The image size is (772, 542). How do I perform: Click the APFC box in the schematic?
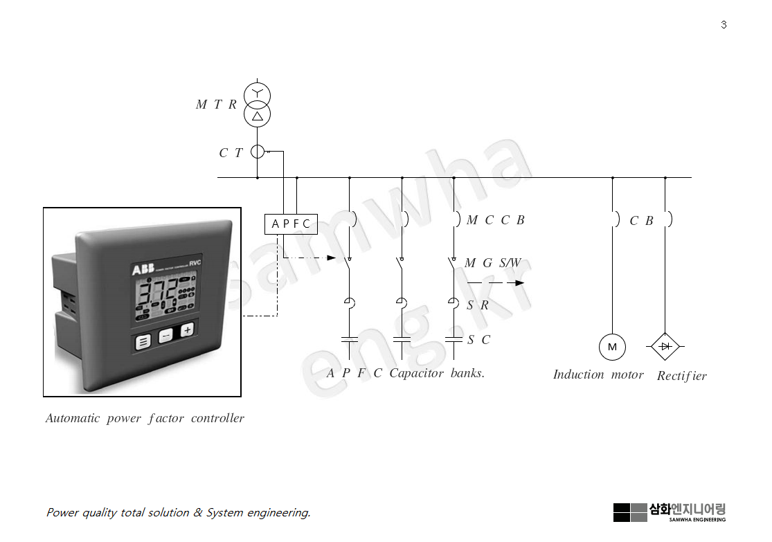(x=291, y=224)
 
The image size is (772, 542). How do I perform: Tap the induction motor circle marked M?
(x=612, y=347)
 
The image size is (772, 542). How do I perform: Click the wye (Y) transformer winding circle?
(x=258, y=94)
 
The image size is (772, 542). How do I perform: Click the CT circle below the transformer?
(x=258, y=152)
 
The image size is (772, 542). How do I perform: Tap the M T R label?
(x=216, y=105)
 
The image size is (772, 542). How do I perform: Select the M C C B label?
(x=496, y=220)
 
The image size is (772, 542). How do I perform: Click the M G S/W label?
(x=492, y=263)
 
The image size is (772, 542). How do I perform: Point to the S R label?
(x=478, y=305)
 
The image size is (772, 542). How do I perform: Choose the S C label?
(x=478, y=340)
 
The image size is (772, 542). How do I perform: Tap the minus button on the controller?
(x=165, y=337)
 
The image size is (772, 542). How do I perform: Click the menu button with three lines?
(x=143, y=341)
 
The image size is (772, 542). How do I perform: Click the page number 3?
(x=724, y=25)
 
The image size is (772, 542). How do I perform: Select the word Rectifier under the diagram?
(x=682, y=376)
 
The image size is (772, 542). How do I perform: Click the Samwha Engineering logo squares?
(x=630, y=512)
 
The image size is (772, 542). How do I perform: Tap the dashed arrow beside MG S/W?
(x=496, y=283)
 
